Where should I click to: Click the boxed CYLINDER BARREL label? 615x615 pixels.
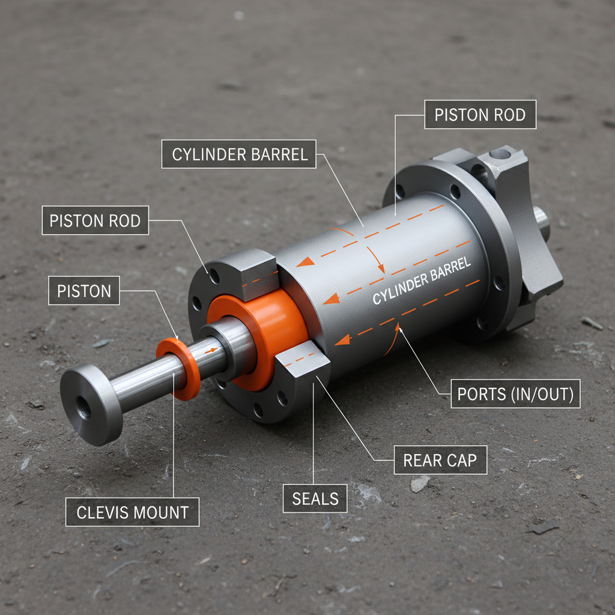point(239,154)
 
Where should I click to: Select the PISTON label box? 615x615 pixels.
point(84,291)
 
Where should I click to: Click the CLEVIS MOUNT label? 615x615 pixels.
point(132,513)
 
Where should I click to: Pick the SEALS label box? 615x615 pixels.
point(315,498)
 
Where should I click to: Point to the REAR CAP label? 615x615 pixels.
point(440,461)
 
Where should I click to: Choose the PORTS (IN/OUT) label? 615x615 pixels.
point(515,394)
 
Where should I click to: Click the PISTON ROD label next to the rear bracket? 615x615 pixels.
point(480,115)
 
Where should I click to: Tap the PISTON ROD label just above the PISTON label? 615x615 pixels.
point(95,220)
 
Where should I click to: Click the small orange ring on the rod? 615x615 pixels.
point(179,368)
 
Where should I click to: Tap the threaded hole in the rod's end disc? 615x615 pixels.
point(83,408)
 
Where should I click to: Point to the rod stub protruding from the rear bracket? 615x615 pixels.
point(542,220)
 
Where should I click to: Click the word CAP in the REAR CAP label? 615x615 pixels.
point(461,461)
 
